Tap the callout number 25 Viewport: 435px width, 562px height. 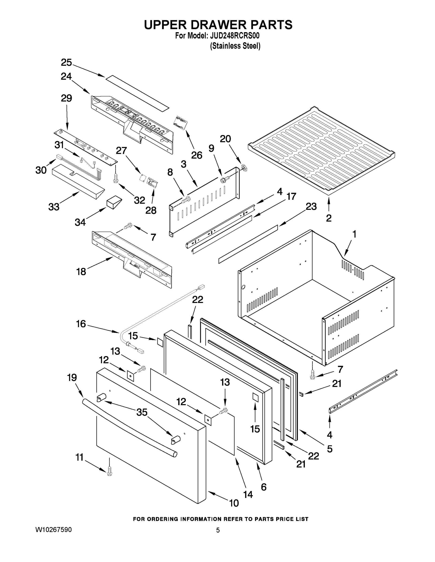[66, 63]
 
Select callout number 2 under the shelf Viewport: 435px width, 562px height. [329, 218]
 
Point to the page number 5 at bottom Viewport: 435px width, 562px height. [218, 530]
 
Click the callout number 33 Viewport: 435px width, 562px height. [54, 207]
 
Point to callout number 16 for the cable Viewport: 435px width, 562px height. [81, 324]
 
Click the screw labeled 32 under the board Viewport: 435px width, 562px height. [116, 178]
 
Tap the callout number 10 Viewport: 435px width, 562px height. [234, 503]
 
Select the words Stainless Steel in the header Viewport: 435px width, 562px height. [235, 46]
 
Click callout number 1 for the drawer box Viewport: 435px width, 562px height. [354, 234]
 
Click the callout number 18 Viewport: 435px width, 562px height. [81, 271]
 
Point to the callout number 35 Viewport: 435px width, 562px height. [142, 412]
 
